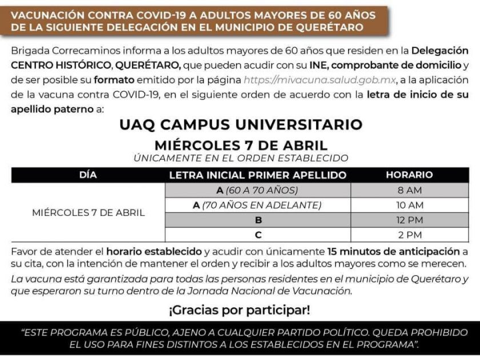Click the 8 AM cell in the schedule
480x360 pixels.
pyautogui.click(x=409, y=190)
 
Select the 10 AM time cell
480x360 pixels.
pyautogui.click(x=409, y=205)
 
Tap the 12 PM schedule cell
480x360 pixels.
pyautogui.click(x=409, y=220)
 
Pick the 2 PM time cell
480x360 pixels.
pyautogui.click(x=409, y=235)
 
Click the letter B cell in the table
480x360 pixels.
pyautogui.click(x=258, y=220)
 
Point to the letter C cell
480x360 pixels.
pyautogui.click(x=258, y=235)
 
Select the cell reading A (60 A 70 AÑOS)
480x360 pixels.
pyautogui.click(x=258, y=190)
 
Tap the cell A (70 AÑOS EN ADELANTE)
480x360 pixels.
pyautogui.click(x=258, y=205)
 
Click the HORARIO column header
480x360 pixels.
pyautogui.click(x=409, y=175)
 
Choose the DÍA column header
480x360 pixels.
pyautogui.click(x=88, y=175)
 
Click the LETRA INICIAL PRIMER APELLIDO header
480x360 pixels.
pyautogui.click(x=258, y=175)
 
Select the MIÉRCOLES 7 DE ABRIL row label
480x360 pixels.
pyautogui.click(x=88, y=213)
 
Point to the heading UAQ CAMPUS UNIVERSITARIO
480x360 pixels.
pyautogui.click(x=241, y=125)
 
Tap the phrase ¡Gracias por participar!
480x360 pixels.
pyautogui.click(x=239, y=310)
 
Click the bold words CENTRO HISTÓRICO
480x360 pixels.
pyautogui.click(x=54, y=66)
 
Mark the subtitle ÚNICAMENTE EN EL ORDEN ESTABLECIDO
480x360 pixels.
pyautogui.click(x=241, y=158)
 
